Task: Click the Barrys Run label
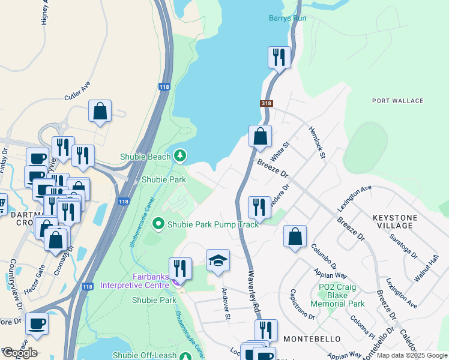tap(288, 19)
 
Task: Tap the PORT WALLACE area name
tap(397, 101)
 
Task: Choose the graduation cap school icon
tap(218, 260)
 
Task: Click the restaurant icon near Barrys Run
tap(279, 57)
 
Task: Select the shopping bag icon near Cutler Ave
tap(100, 110)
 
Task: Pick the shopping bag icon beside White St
tap(260, 136)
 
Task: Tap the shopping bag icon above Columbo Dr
tap(295, 236)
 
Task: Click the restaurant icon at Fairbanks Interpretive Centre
tap(180, 268)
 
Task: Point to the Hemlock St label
tap(316, 142)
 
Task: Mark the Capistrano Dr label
tap(303, 305)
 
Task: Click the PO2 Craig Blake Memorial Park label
tap(337, 296)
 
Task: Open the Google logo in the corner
tap(19, 353)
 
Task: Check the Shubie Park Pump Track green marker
tap(158, 224)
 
